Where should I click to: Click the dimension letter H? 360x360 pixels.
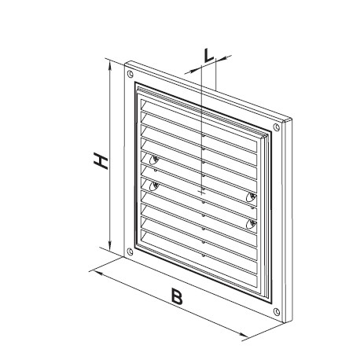pyautogui.click(x=101, y=162)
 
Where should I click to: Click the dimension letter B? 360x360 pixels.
pyautogui.click(x=177, y=296)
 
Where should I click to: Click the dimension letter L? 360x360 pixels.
pyautogui.click(x=209, y=56)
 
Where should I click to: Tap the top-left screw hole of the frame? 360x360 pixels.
pyautogui.click(x=130, y=74)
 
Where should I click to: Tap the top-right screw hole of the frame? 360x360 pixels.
pyautogui.click(x=277, y=127)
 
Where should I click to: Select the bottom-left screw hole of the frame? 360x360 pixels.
pyautogui.click(x=130, y=252)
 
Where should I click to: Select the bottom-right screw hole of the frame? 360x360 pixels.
pyautogui.click(x=277, y=312)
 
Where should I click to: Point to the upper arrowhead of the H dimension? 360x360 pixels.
pyautogui.click(x=110, y=66)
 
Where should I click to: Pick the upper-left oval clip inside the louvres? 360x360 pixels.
pyautogui.click(x=154, y=160)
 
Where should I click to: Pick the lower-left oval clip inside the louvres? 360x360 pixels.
pyautogui.click(x=154, y=186)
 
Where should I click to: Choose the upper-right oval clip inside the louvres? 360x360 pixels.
pyautogui.click(x=252, y=197)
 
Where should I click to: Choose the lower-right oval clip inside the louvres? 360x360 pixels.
pyautogui.click(x=252, y=225)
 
